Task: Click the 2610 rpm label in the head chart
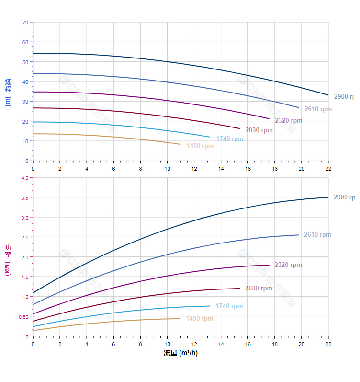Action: (x=318, y=109)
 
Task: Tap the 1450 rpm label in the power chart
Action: (x=199, y=319)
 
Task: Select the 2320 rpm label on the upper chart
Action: (x=288, y=121)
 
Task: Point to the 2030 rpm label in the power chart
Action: (x=259, y=289)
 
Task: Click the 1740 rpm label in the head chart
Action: (x=229, y=139)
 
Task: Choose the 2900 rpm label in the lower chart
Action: (x=345, y=197)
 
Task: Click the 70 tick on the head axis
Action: (x=25, y=23)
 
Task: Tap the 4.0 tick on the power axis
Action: (x=24, y=178)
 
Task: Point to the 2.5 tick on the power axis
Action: (x=24, y=237)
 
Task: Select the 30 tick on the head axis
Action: (x=25, y=102)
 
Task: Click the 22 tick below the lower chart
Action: (x=328, y=344)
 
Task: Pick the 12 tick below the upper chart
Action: (x=194, y=169)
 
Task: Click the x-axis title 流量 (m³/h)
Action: (x=180, y=353)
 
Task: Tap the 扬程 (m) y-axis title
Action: (x=8, y=92)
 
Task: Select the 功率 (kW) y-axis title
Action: (x=8, y=259)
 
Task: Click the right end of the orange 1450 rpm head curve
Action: (x=180, y=144)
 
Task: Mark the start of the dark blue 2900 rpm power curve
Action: (x=33, y=292)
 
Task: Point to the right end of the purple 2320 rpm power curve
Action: (x=269, y=265)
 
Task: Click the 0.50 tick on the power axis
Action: (x=23, y=317)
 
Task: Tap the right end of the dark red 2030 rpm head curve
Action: (x=239, y=128)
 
